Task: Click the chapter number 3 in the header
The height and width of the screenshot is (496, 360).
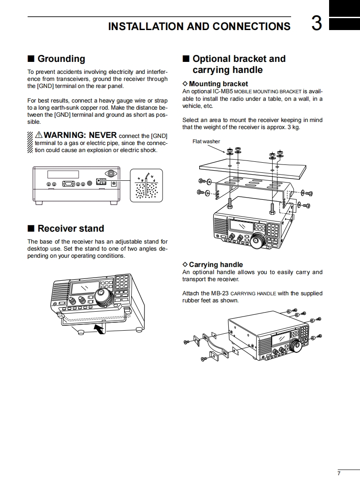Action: (x=316, y=24)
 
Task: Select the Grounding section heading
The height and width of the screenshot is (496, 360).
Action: (x=61, y=59)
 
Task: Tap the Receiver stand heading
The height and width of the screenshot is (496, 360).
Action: (x=71, y=229)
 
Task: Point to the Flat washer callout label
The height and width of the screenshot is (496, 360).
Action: (x=206, y=141)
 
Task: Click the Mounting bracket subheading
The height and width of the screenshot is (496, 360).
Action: (x=218, y=84)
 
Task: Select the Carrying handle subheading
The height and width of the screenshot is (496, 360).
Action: (x=216, y=265)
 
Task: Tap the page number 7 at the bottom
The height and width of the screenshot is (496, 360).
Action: (x=339, y=473)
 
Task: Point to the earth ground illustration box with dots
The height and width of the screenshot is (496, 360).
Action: (x=146, y=185)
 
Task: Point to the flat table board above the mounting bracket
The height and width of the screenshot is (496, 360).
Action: (x=252, y=168)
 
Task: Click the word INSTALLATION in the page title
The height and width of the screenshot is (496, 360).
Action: (x=145, y=27)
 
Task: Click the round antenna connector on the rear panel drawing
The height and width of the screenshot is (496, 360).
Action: (x=110, y=173)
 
